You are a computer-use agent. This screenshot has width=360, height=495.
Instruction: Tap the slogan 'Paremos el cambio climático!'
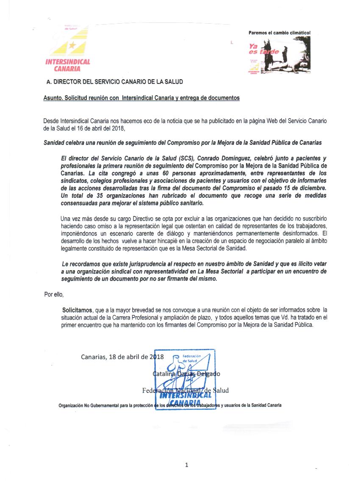(x=280, y=33)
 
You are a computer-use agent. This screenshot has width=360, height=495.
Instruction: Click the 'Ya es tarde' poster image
(x=279, y=55)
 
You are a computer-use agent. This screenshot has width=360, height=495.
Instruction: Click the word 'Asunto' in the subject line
(x=52, y=98)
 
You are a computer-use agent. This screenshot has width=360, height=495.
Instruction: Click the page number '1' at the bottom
(x=186, y=465)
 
